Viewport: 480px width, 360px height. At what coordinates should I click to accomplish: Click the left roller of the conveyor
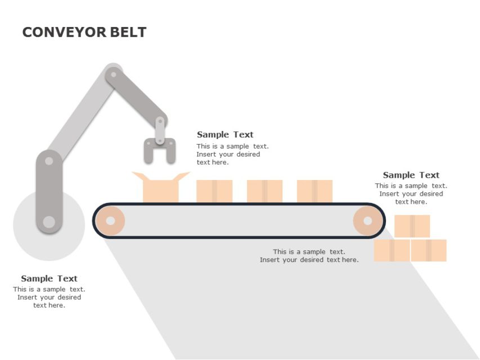click(x=110, y=220)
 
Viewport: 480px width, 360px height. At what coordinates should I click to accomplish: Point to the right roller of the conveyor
click(x=367, y=220)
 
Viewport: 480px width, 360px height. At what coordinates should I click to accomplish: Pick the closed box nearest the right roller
click(x=315, y=191)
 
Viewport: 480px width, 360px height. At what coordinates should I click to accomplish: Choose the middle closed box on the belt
click(x=264, y=191)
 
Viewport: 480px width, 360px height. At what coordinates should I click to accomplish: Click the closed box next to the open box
click(x=214, y=191)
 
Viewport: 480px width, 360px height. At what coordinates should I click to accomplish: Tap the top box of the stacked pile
click(x=412, y=226)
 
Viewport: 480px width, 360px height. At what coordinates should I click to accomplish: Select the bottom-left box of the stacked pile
click(x=392, y=250)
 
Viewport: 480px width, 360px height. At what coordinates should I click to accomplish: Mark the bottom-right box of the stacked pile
click(x=429, y=250)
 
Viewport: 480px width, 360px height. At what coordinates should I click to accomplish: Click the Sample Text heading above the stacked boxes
click(x=411, y=175)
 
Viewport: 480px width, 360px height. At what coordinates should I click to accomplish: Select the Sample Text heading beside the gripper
click(x=225, y=134)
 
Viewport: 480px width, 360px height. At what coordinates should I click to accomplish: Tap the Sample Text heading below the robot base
click(x=49, y=278)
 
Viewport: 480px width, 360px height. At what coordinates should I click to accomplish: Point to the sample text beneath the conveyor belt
click(x=309, y=256)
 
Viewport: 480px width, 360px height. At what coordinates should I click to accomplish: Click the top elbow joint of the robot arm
click(x=114, y=73)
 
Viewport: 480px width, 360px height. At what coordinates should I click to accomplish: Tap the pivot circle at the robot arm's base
click(x=49, y=222)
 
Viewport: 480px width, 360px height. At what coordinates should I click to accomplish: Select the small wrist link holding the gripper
click(x=160, y=129)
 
